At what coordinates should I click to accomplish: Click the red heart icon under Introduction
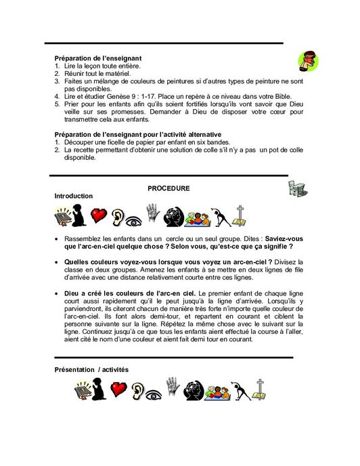tap(101, 216)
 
